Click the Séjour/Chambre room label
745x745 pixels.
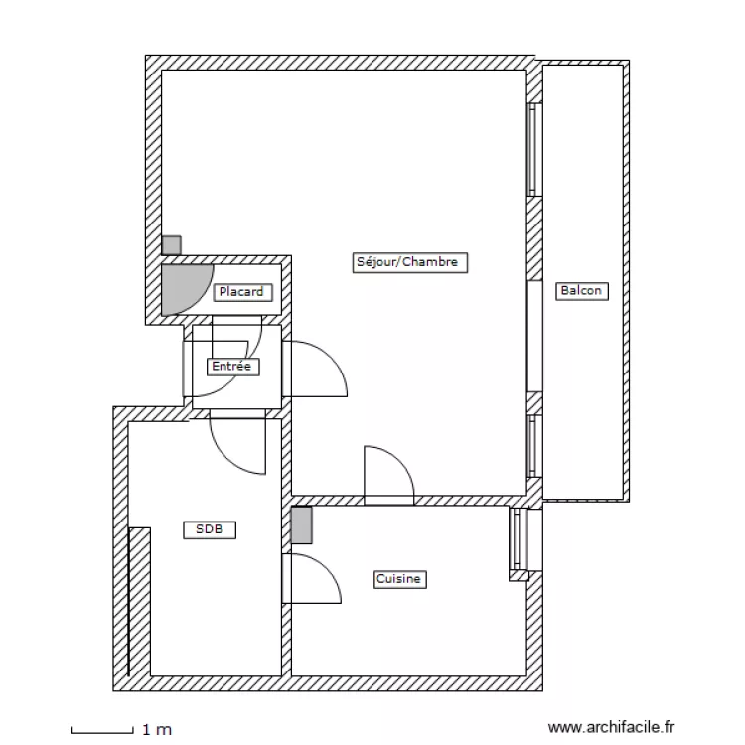(409, 262)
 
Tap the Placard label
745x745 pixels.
(242, 292)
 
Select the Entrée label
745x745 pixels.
(232, 367)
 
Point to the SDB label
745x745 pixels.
(210, 529)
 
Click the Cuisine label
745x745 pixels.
(399, 579)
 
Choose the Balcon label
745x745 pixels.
(581, 291)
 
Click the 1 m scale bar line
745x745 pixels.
(102, 733)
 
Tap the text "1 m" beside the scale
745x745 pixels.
(157, 729)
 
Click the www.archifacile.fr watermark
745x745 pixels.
(611, 727)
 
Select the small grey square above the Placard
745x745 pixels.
(171, 245)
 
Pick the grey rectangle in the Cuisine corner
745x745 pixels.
(302, 525)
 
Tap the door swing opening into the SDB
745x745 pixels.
(223, 456)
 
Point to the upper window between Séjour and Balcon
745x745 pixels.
(534, 149)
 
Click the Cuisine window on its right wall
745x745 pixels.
(518, 538)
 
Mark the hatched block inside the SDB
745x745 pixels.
(140, 602)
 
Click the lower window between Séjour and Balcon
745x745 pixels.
(534, 446)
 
